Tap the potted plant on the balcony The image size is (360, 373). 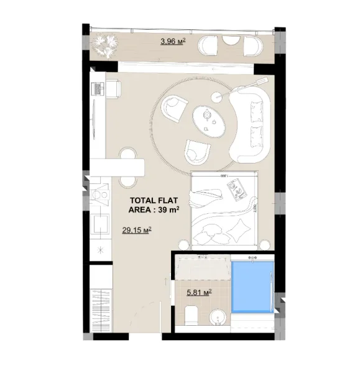(x=103, y=45)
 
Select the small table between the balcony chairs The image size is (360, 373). (x=230, y=46)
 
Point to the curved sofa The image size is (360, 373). (x=253, y=122)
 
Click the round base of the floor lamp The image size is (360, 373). (x=218, y=96)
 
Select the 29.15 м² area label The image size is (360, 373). (x=137, y=230)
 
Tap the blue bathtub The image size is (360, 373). (x=252, y=287)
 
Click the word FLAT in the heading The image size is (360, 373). (x=168, y=200)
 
